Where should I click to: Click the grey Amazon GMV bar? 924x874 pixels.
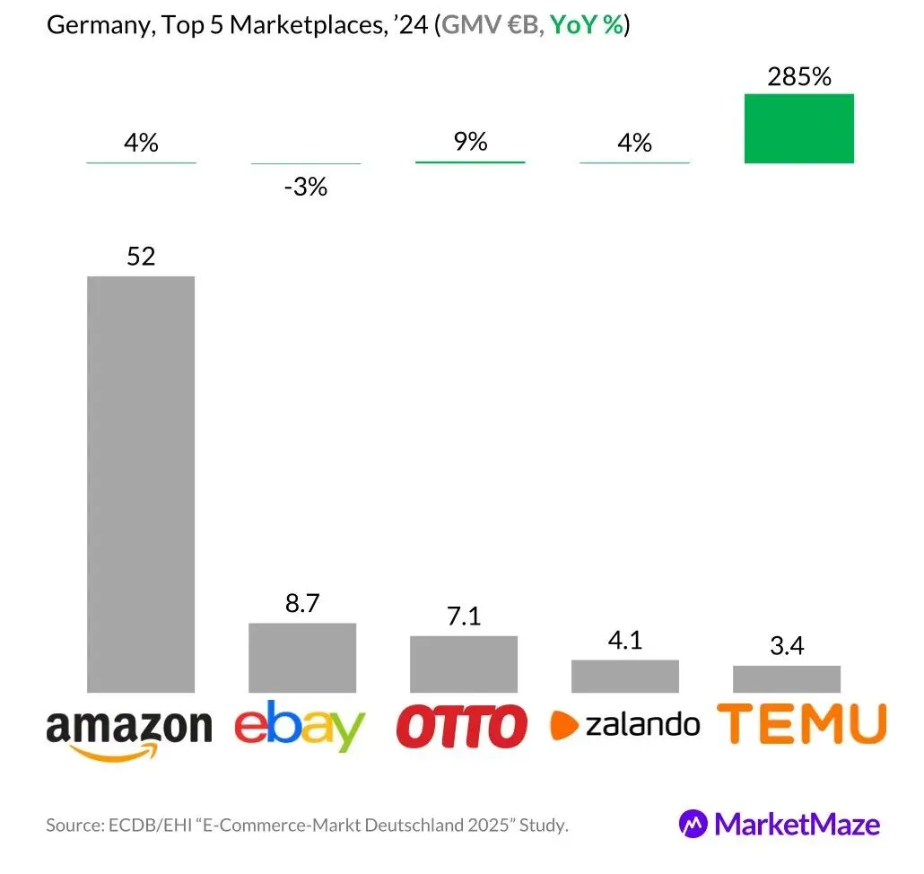click(140, 484)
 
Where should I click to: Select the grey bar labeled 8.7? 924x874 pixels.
click(301, 657)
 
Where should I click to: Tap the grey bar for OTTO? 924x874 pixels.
click(463, 663)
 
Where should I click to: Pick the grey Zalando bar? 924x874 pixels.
click(624, 676)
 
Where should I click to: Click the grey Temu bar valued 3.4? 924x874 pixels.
click(786, 678)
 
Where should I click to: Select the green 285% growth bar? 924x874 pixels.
click(798, 128)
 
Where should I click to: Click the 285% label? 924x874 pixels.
click(798, 77)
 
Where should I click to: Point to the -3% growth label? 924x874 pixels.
click(305, 188)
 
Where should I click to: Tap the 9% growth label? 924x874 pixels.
click(469, 141)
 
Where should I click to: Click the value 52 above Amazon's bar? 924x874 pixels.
click(141, 256)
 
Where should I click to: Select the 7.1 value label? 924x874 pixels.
click(464, 616)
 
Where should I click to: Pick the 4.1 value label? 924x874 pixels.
click(625, 641)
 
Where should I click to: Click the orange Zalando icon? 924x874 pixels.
click(563, 724)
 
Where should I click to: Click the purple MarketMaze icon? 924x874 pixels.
click(693, 823)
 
